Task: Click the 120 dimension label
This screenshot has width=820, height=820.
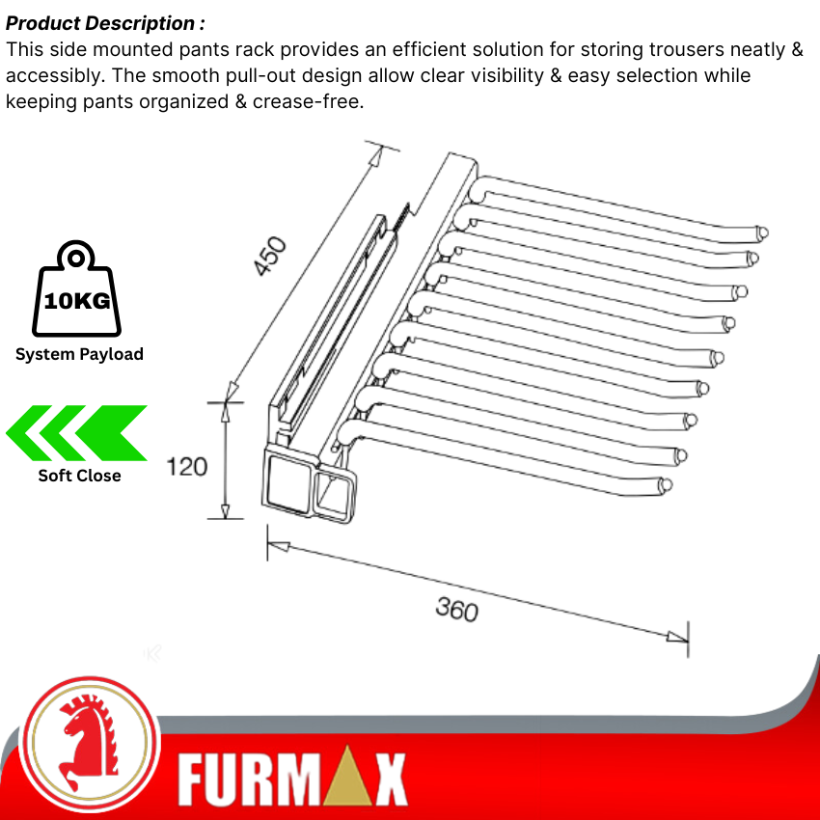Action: click(x=187, y=467)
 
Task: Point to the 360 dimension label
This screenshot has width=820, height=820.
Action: click(x=457, y=610)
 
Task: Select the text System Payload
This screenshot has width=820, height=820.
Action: click(x=79, y=354)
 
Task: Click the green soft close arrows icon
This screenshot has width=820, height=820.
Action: click(x=77, y=433)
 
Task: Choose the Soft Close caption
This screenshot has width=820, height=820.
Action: click(x=79, y=475)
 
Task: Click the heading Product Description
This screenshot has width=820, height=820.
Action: click(x=105, y=23)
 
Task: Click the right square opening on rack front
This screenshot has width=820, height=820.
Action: click(x=335, y=493)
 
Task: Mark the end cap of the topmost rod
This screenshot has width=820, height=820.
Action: click(x=763, y=232)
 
